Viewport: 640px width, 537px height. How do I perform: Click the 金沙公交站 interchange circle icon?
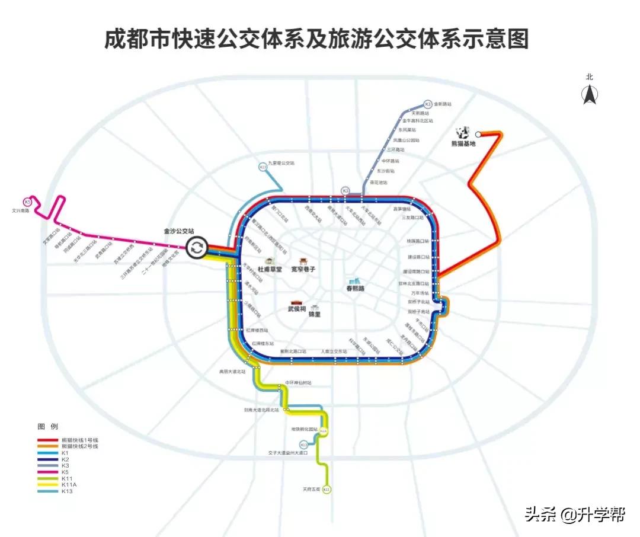[x=197, y=248]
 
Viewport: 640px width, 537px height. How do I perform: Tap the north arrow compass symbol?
[x=590, y=94]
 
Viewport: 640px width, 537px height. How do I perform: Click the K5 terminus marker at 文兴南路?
[x=28, y=202]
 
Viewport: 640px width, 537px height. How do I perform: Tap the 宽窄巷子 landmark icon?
[x=303, y=261]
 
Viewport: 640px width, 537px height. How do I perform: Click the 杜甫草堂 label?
[x=269, y=269]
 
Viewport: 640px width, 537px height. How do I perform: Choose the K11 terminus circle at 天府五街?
[x=326, y=490]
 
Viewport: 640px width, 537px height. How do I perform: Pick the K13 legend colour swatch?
[x=48, y=491]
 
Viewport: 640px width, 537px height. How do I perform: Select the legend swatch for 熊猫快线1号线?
[x=48, y=440]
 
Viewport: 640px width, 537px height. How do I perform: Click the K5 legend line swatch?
[x=48, y=472]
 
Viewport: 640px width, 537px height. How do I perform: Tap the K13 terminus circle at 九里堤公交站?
[x=263, y=167]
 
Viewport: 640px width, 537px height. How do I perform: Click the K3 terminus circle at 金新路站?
[x=428, y=103]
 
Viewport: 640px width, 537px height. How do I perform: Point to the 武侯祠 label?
[x=297, y=309]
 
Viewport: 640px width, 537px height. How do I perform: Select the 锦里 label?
[x=315, y=315]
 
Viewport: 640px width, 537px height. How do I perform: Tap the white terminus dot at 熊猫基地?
[x=478, y=135]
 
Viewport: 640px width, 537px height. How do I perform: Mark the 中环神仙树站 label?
[x=298, y=382]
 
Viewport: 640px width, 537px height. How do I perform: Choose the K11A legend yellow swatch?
[x=48, y=484]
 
